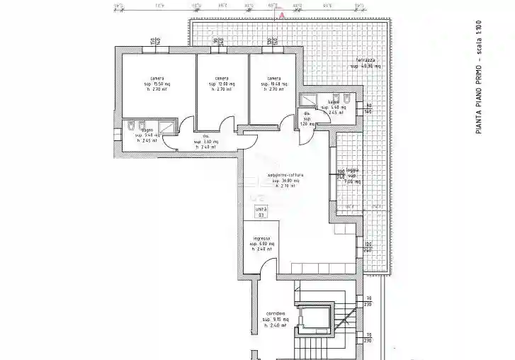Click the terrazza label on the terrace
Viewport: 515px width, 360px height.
[366, 60]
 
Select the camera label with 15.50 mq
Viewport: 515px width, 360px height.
[157, 79]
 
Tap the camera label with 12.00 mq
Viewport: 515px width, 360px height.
[221, 79]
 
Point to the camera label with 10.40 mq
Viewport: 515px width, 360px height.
[274, 79]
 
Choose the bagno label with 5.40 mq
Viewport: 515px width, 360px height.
[147, 130]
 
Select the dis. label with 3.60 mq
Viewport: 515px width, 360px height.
[205, 136]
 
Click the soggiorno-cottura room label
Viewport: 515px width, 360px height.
[286, 175]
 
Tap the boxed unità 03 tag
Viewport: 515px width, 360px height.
[261, 212]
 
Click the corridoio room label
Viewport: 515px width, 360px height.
[276, 313]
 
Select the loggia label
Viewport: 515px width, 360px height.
[352, 171]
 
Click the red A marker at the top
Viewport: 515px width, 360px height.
[282, 14]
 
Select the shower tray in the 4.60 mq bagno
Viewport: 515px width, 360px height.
[310, 99]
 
